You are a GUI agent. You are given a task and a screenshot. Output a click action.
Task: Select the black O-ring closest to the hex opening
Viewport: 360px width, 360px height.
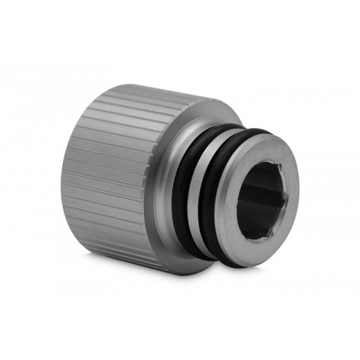[x=205, y=198]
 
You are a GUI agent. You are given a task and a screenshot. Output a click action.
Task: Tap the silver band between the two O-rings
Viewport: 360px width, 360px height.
[x=192, y=198]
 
